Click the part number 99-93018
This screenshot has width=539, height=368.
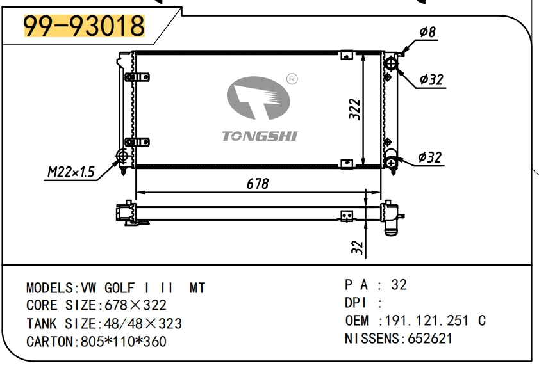(84, 26)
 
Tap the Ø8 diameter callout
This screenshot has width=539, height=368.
(427, 31)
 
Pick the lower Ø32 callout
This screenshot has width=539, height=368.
(430, 157)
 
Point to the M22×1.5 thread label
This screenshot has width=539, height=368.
(70, 172)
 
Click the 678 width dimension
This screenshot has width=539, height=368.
(257, 184)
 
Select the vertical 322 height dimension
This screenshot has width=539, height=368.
(354, 109)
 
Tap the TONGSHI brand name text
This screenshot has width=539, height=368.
(259, 136)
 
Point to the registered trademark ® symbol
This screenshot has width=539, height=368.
(292, 79)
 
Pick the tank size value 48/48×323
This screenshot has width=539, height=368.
(138, 324)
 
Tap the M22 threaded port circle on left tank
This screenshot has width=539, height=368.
(122, 156)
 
